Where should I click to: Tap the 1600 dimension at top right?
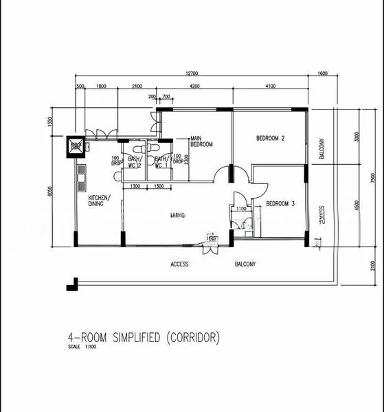click(323, 73)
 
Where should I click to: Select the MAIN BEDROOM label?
click(201, 141)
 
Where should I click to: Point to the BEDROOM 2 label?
click(270, 139)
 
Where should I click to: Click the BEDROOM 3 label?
click(280, 203)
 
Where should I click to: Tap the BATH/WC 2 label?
click(134, 162)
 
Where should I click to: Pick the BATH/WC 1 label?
click(161, 162)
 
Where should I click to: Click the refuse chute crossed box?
click(75, 146)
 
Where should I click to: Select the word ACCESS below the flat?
click(179, 264)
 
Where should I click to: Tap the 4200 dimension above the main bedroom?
click(194, 87)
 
